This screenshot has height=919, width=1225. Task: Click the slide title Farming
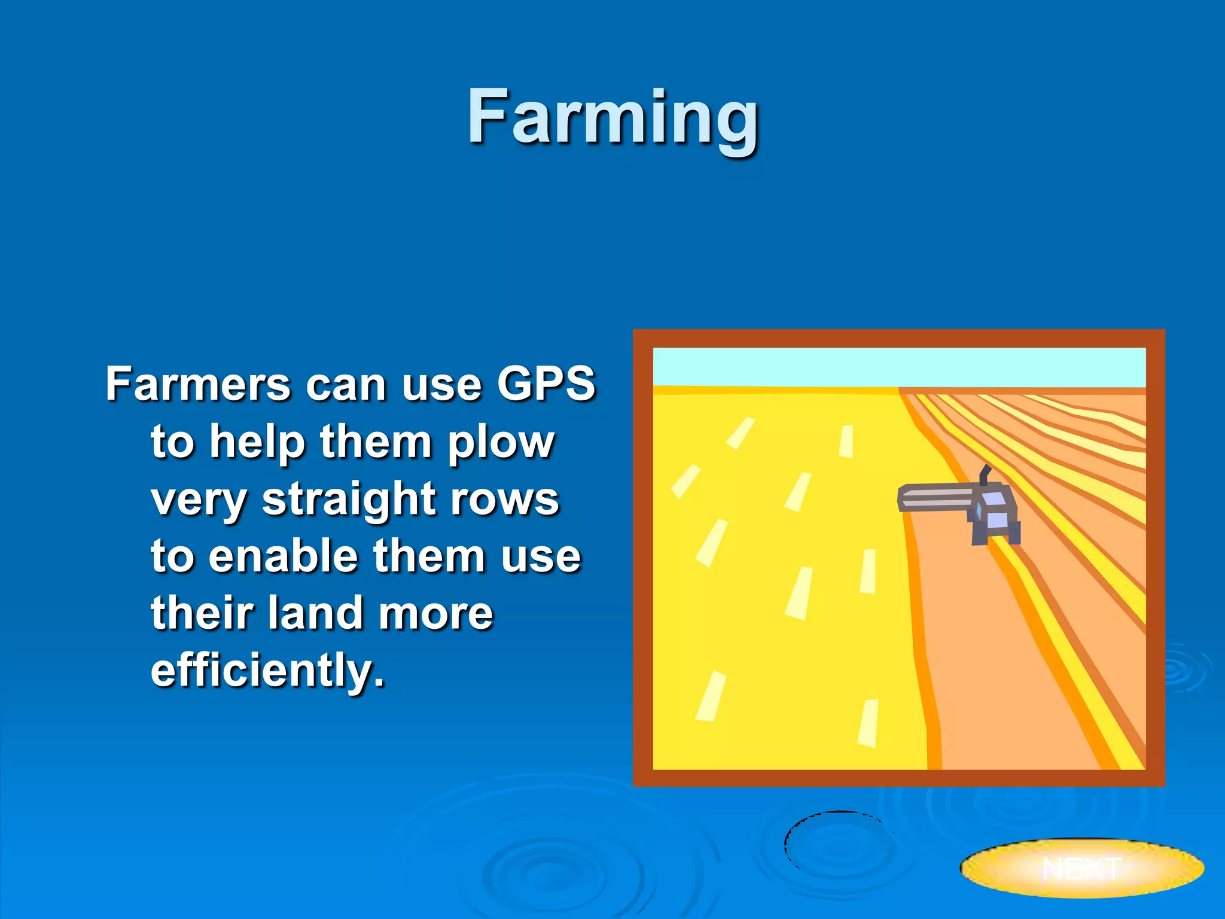(x=612, y=117)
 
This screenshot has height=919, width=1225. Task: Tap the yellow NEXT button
(x=1081, y=868)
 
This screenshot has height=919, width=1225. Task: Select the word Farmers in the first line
(x=198, y=384)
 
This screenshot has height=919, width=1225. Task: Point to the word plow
(x=501, y=443)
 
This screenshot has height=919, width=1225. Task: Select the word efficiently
(x=267, y=670)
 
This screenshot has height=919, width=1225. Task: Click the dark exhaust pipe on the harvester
(x=985, y=474)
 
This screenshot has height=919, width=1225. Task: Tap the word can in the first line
(x=345, y=384)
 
